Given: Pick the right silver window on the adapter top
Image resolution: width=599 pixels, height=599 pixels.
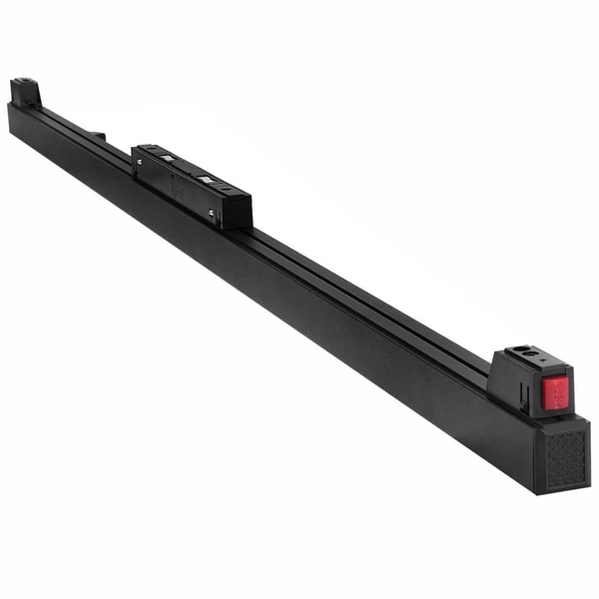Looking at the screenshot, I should point(207,179).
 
